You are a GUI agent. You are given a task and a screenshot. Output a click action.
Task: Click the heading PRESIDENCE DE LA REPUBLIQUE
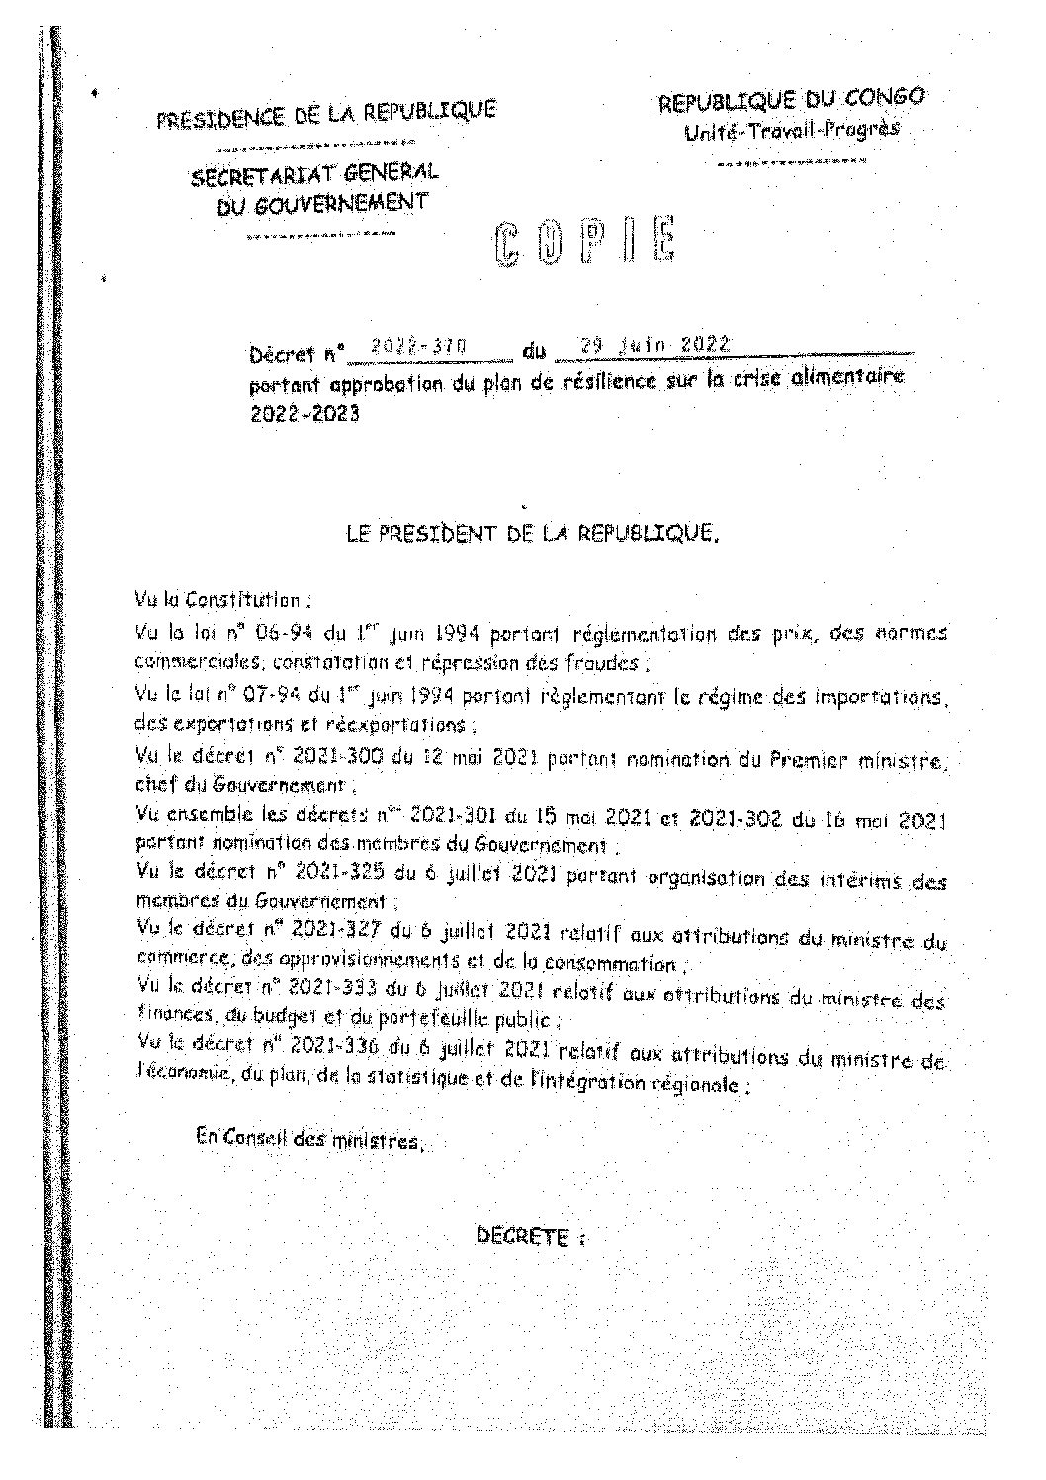point(326,115)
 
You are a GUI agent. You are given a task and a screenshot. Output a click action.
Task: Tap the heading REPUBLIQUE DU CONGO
point(793,100)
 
